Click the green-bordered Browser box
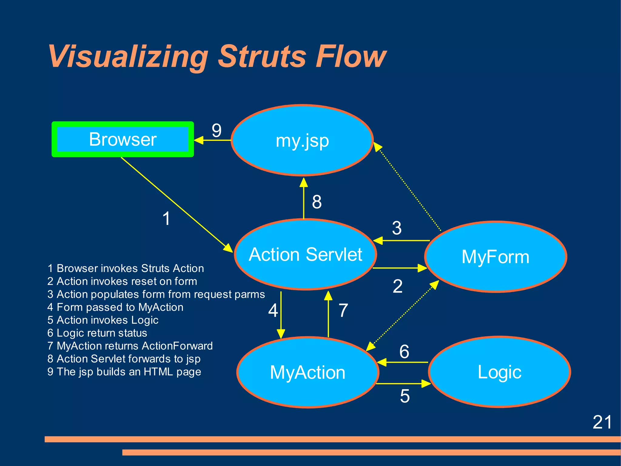[x=123, y=139]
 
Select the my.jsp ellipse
[x=302, y=141]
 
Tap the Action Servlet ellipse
[x=305, y=254]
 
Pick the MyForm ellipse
[x=495, y=257]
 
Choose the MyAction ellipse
[x=307, y=372]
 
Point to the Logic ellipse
[x=499, y=372]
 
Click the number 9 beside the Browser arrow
[x=217, y=131]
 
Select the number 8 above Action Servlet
[x=317, y=202]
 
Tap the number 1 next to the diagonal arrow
[x=166, y=219]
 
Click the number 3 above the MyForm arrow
[x=397, y=228]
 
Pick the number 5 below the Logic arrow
[x=405, y=396]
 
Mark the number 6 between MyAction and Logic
[x=404, y=352]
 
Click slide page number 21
[x=602, y=422]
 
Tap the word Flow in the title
[x=351, y=56]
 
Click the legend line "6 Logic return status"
[x=97, y=333]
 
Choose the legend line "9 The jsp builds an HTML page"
[x=124, y=372]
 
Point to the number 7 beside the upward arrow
[x=343, y=311]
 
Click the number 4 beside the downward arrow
[x=273, y=311]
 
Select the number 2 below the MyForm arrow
[x=398, y=286]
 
